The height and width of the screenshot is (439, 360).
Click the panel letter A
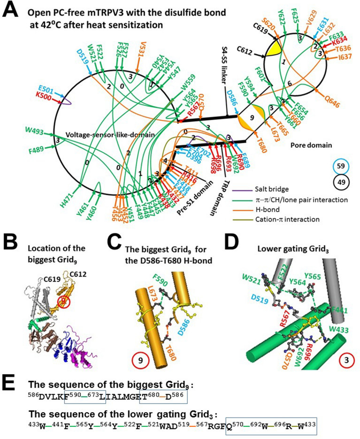coord(13,12)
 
